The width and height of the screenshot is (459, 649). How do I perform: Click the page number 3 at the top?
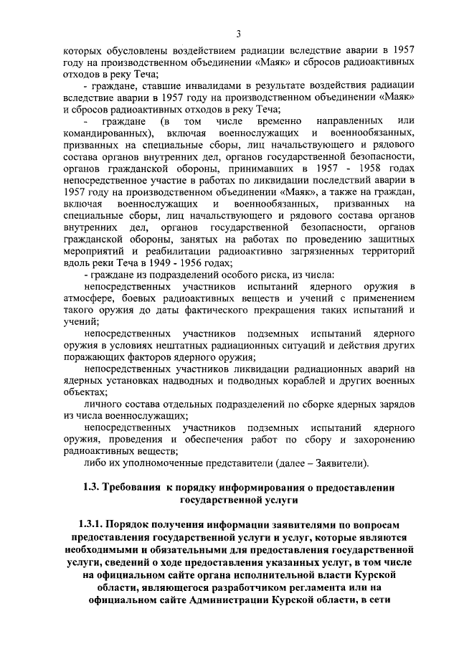(239, 32)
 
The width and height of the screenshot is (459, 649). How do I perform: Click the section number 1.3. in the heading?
(95, 488)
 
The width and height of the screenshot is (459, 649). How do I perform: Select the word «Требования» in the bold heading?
(140, 488)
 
